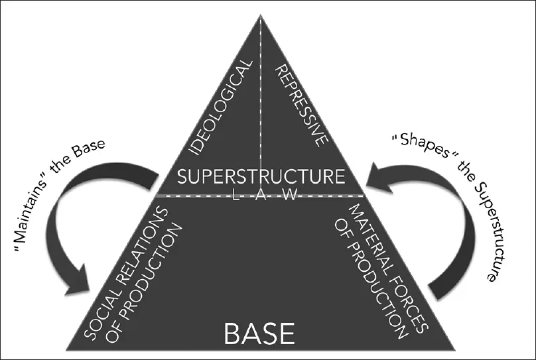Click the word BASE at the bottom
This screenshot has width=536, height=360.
click(x=259, y=333)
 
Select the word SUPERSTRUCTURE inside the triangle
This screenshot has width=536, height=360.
click(x=261, y=176)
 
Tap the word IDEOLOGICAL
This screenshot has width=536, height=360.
click(x=221, y=107)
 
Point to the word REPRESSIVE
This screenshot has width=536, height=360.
click(x=302, y=106)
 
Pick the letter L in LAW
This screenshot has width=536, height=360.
click(x=236, y=195)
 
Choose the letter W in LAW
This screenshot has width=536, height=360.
click(x=290, y=195)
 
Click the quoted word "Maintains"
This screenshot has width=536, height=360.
click(x=32, y=216)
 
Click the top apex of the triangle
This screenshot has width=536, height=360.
click(x=261, y=15)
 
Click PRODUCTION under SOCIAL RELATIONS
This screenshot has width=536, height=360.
click(x=143, y=283)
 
